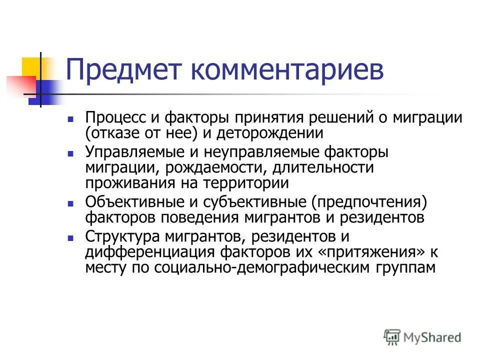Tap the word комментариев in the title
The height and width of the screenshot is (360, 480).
[285, 70]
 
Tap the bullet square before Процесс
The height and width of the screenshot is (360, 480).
[71, 120]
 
